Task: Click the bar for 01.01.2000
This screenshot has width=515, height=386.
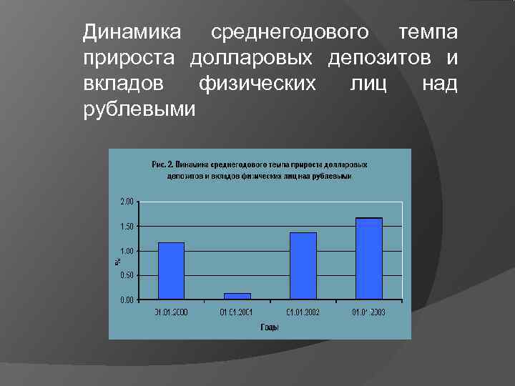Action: pos(171,271)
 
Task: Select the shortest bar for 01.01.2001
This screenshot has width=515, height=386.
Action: pos(237,295)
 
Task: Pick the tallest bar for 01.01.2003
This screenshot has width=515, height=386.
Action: pos(369,258)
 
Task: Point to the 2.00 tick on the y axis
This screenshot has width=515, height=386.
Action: pos(126,202)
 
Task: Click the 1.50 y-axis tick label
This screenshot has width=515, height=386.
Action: pos(126,227)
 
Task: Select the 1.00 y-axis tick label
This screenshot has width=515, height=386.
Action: pos(126,251)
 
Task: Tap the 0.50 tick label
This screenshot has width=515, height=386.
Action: pos(126,275)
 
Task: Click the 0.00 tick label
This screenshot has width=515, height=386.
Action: pos(126,300)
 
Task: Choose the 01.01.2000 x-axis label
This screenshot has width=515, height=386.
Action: pos(171,312)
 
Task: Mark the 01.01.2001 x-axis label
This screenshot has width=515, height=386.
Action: pos(237,312)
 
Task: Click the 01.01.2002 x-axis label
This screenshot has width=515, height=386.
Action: pos(303,312)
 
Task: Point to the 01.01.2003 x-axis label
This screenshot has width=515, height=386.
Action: pos(369,312)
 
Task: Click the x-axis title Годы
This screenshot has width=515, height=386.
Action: pos(270,327)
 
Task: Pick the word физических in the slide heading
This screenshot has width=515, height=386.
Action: pos(257,84)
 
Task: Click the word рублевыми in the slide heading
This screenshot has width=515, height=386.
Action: pos(139,110)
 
